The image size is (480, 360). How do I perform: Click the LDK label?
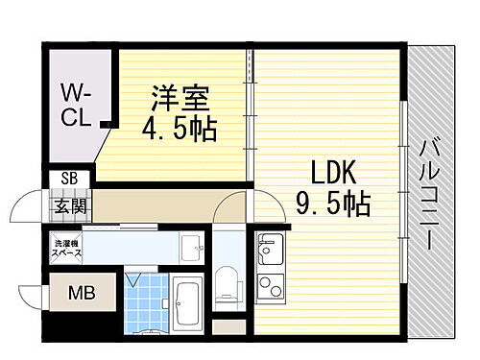332,173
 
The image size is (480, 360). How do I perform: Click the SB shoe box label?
69,178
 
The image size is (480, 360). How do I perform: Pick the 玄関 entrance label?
69,204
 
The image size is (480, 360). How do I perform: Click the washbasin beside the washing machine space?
191,247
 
